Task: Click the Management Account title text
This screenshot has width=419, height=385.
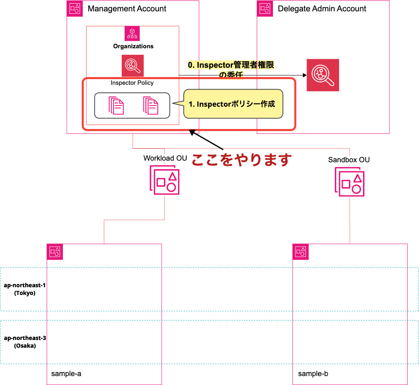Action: pyautogui.click(x=127, y=9)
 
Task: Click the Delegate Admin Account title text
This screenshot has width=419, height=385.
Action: pyautogui.click(x=322, y=9)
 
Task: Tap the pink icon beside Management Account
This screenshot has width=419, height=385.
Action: pyautogui.click(x=75, y=9)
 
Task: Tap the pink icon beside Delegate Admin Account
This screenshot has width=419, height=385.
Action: pyautogui.click(x=265, y=9)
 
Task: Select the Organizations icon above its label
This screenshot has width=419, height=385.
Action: pyautogui.click(x=132, y=33)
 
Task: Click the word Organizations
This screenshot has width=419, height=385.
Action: pyautogui.click(x=133, y=46)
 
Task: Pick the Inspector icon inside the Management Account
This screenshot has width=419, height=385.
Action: pyautogui.click(x=133, y=66)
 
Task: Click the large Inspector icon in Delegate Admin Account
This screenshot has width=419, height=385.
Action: pyautogui.click(x=322, y=75)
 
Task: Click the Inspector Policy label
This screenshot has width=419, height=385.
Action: pyautogui.click(x=132, y=83)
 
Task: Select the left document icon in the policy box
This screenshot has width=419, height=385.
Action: pyautogui.click(x=116, y=105)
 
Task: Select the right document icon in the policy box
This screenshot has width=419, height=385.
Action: pyautogui.click(x=150, y=105)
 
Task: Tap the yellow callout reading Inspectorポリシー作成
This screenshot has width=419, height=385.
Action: pyautogui.click(x=233, y=104)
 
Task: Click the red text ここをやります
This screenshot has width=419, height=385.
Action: pyautogui.click(x=241, y=160)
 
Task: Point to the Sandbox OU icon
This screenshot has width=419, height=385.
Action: pyautogui.click(x=349, y=181)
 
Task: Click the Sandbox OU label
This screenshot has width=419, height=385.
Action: pyautogui.click(x=349, y=160)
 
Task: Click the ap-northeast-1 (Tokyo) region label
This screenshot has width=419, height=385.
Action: pyautogui.click(x=24, y=289)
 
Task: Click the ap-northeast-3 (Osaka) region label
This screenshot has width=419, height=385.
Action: pyautogui.click(x=24, y=342)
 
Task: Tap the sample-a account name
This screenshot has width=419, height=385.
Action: pyautogui.click(x=66, y=373)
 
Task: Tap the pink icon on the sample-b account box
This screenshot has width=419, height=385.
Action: pyautogui.click(x=301, y=252)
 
